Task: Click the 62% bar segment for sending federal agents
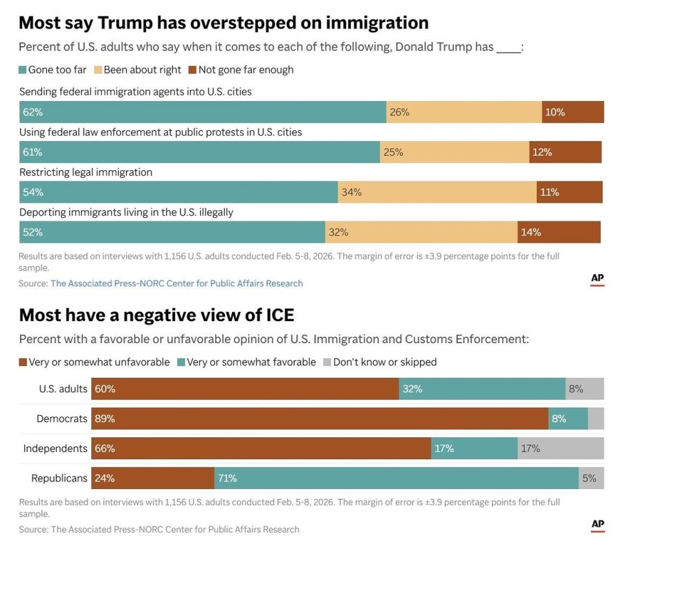(x=202, y=112)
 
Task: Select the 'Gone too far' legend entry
(x=53, y=70)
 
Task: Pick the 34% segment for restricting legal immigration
(x=437, y=192)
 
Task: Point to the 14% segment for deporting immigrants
(x=558, y=232)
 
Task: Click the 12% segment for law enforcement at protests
(x=565, y=152)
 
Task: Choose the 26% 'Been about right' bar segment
(x=464, y=112)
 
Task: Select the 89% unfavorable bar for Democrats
(x=320, y=419)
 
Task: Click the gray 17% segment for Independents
(x=561, y=448)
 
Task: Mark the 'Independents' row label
(x=55, y=448)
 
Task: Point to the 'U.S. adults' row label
(x=63, y=389)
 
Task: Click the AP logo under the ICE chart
(x=597, y=525)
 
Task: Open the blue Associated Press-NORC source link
(x=176, y=283)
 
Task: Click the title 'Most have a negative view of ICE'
(x=156, y=315)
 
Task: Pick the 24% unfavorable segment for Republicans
(x=153, y=478)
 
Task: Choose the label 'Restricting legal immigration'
(x=86, y=172)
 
